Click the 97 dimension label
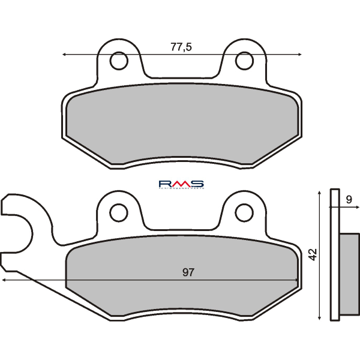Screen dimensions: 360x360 [188, 273]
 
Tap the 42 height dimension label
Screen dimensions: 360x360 [313, 254]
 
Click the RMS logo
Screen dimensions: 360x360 [181, 184]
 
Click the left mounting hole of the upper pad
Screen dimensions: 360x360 [119, 61]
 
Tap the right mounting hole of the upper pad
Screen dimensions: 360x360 [244, 61]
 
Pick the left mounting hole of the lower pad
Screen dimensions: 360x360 [119, 211]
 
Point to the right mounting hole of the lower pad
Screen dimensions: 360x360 [244, 211]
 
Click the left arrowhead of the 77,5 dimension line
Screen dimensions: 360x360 [65, 55]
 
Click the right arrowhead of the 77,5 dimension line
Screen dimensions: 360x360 [299, 55]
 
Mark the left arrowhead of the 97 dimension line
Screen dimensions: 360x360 [5, 280]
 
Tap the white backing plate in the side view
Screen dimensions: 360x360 [335, 258]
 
